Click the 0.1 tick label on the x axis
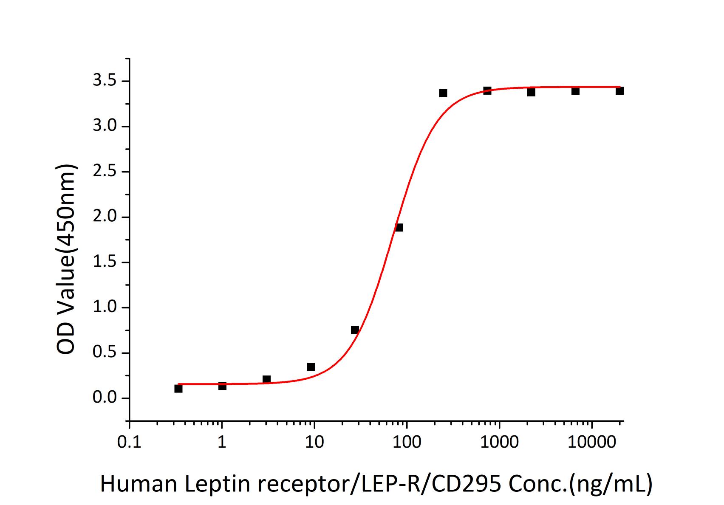click(129, 443)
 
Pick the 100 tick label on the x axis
click(407, 443)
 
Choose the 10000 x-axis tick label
click(591, 443)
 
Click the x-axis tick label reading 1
click(222, 443)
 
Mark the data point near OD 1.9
click(399, 228)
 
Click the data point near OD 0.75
click(355, 330)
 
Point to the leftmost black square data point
click(178, 389)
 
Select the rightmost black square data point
click(619, 91)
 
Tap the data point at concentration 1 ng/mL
click(222, 386)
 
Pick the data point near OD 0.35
click(311, 367)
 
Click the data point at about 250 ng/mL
click(443, 93)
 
